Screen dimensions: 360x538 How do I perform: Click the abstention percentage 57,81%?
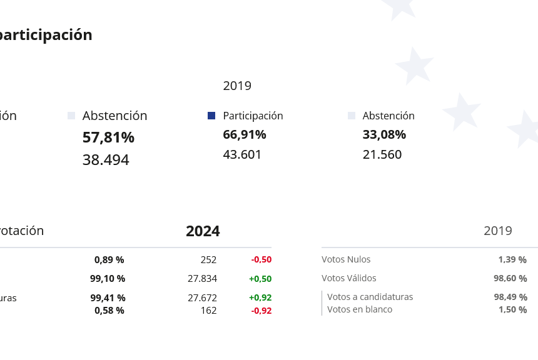[108, 137]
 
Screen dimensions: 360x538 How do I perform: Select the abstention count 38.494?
[106, 160]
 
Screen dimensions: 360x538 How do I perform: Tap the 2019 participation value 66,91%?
[245, 134]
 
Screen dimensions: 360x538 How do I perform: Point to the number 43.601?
[242, 154]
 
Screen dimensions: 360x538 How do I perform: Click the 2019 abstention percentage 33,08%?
[384, 134]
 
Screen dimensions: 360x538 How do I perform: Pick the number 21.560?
[382, 154]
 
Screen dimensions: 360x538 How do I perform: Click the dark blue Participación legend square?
[211, 116]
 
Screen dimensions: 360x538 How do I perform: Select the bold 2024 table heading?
[203, 231]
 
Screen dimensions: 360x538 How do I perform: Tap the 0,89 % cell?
[109, 259]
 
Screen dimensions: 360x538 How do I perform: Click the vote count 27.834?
[202, 279]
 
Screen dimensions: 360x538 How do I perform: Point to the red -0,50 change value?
[261, 259]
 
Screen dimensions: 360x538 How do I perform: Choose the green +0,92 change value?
[260, 298]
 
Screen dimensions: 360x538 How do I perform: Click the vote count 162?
[208, 310]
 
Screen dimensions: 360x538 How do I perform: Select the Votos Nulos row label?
[346, 259]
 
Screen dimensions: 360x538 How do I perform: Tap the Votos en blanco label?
[360, 309]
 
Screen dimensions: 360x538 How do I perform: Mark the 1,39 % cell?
[512, 259]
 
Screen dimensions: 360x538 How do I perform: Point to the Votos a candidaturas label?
[370, 297]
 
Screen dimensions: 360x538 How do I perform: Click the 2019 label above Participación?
[237, 86]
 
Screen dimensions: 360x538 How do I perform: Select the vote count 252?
[208, 259]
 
